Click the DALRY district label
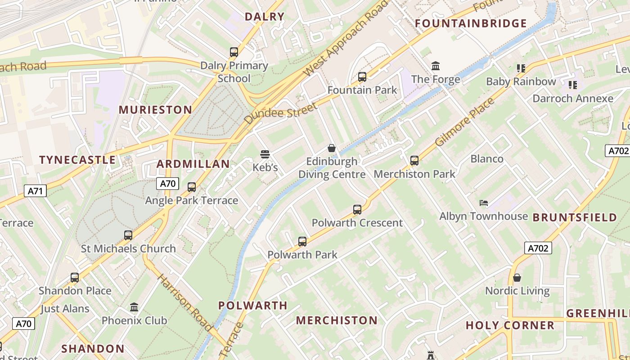265,17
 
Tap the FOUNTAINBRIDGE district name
471,23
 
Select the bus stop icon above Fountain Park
362,77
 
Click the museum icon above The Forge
436,67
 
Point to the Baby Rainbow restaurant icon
521,68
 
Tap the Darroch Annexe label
572,98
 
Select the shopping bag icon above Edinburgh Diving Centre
332,148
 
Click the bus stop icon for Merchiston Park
414,161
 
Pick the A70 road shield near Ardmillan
168,184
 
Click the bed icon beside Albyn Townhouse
484,203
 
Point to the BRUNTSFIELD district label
575,218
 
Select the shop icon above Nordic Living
517,278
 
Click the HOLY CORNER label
510,325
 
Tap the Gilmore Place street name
465,122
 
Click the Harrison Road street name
185,302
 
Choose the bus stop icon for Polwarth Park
302,242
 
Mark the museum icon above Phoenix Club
134,307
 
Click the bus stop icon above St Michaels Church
128,235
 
